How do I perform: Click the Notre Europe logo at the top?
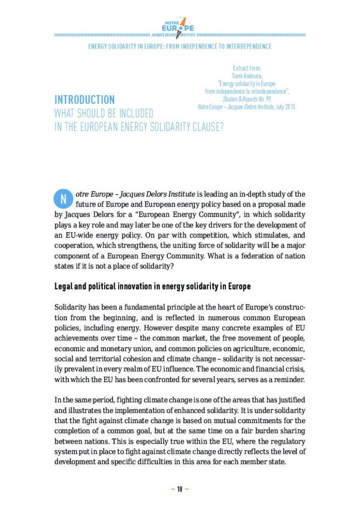(x=180, y=25)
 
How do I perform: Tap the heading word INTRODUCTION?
(x=84, y=100)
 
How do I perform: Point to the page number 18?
(x=180, y=489)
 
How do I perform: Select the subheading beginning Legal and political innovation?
(x=152, y=286)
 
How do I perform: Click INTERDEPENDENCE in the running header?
(x=245, y=46)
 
